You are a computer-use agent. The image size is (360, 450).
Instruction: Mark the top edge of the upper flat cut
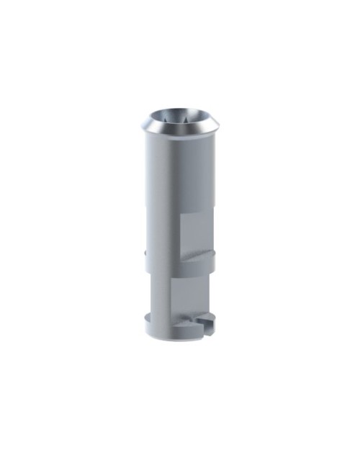click(195, 214)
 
